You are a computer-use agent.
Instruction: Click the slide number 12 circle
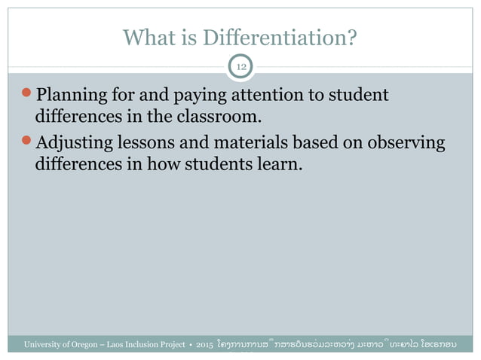click(241, 68)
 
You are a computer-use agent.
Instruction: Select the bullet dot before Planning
click(28, 96)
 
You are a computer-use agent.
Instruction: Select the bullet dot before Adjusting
click(28, 142)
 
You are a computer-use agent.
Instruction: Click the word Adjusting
click(74, 144)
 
